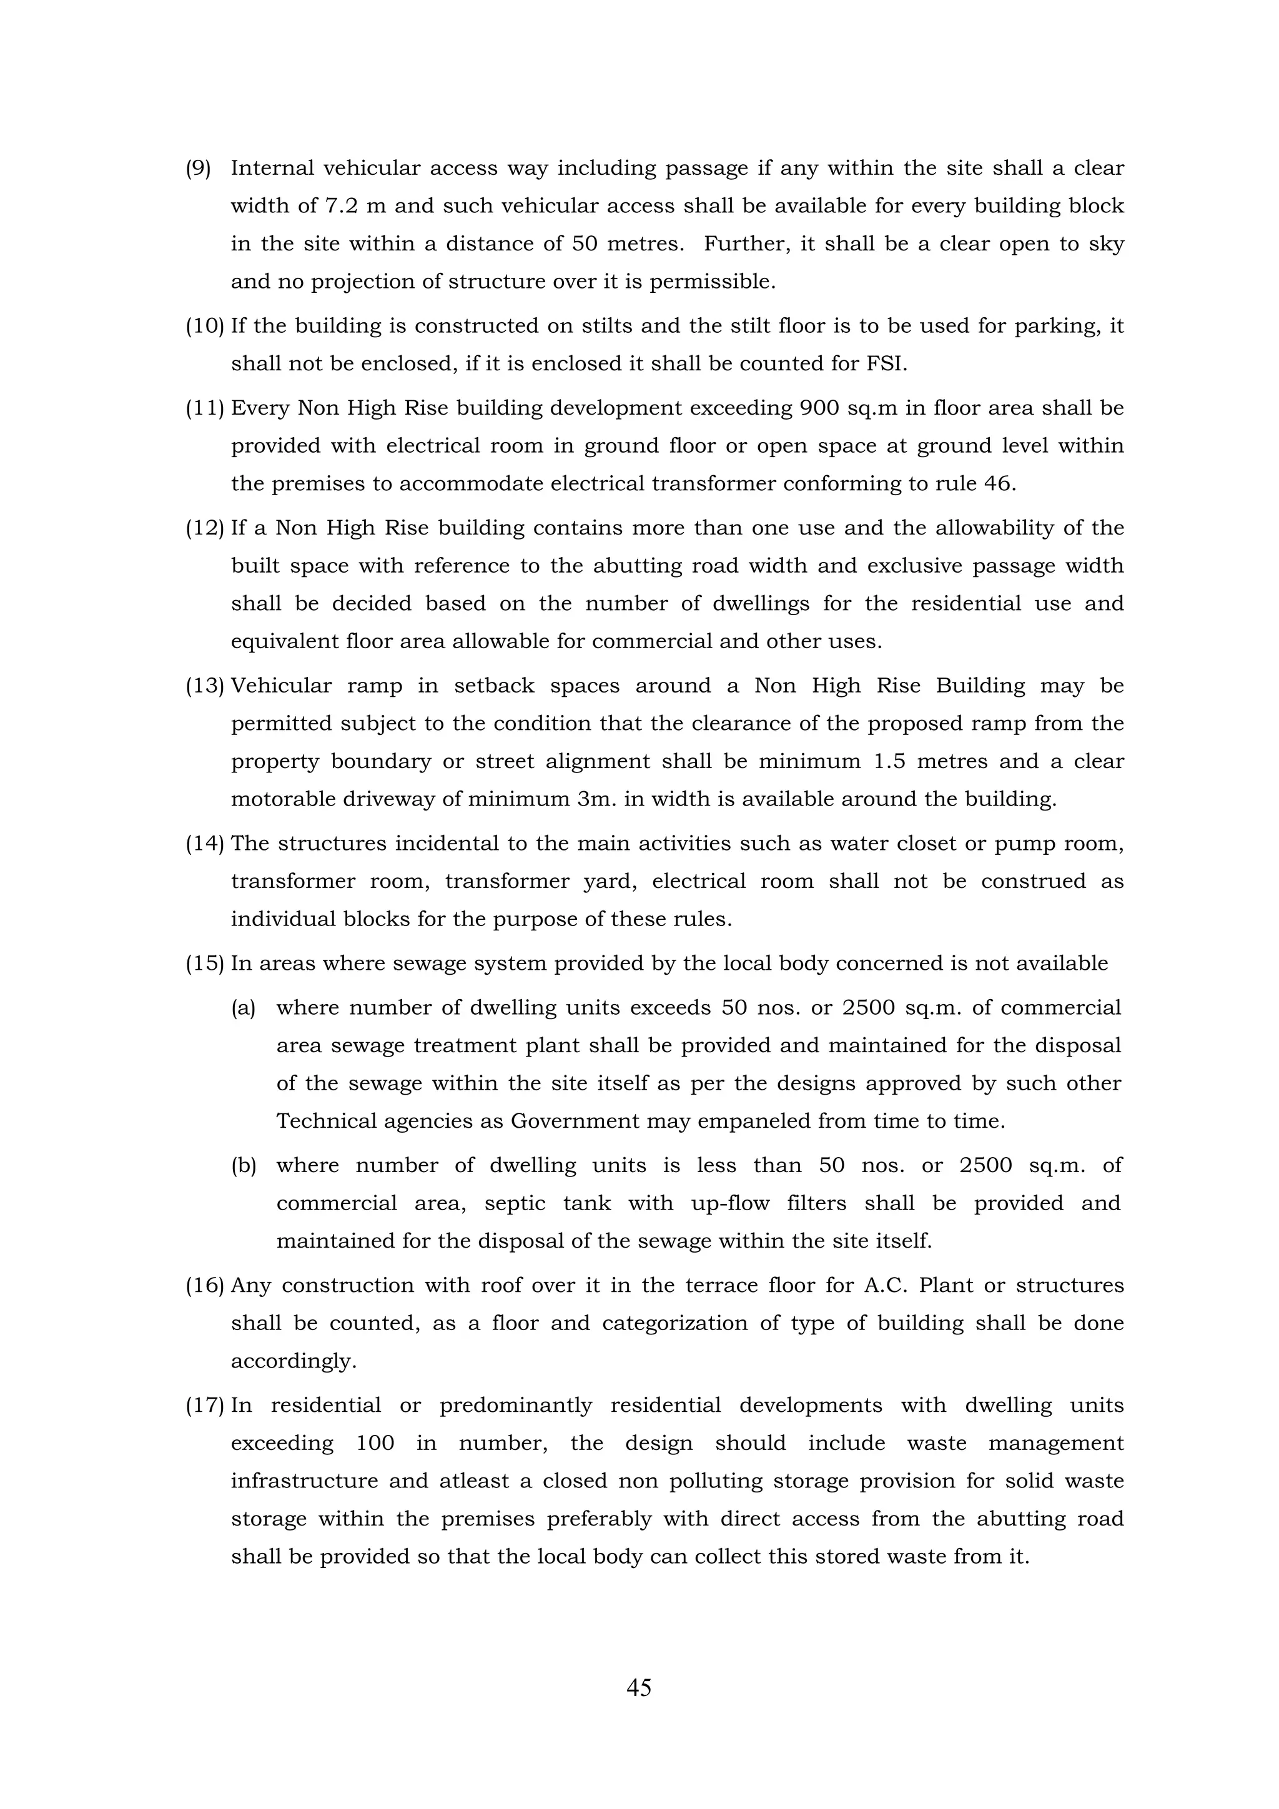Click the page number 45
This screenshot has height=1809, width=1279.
tap(638, 1688)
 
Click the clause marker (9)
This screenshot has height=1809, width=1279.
tap(198, 169)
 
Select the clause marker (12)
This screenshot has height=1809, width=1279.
tap(205, 528)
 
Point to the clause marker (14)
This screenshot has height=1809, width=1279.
tap(205, 844)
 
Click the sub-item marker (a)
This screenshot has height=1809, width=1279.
tap(243, 1008)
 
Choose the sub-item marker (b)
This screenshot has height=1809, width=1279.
tap(244, 1166)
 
